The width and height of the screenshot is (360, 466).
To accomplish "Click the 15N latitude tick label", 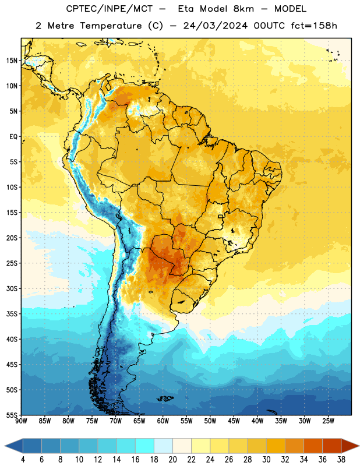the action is (x=12, y=61).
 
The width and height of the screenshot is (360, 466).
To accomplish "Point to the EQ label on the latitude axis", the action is (x=13, y=137).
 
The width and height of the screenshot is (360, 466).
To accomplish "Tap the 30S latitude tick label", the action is (x=12, y=288).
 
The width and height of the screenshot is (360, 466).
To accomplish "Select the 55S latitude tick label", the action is (x=12, y=415).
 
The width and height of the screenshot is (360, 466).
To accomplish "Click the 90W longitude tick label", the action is (x=22, y=421).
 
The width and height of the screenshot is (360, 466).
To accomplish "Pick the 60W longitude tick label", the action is (x=163, y=421).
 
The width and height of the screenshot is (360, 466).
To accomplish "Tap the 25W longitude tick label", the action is (x=328, y=421).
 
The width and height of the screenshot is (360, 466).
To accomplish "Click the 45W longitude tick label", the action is (x=234, y=421).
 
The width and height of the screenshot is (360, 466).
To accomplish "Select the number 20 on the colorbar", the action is (x=172, y=460).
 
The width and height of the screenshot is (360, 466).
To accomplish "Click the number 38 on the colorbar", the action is (x=341, y=460).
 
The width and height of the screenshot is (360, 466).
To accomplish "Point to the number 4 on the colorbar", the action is (x=23, y=460).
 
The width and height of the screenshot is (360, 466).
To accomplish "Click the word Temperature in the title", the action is (x=111, y=26).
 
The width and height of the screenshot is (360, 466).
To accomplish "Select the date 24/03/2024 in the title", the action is (x=215, y=26).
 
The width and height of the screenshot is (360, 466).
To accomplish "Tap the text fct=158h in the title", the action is (x=314, y=26).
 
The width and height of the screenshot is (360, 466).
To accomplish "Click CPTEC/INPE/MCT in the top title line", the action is (x=109, y=9).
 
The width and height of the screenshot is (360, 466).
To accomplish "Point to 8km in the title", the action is (x=243, y=9).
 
